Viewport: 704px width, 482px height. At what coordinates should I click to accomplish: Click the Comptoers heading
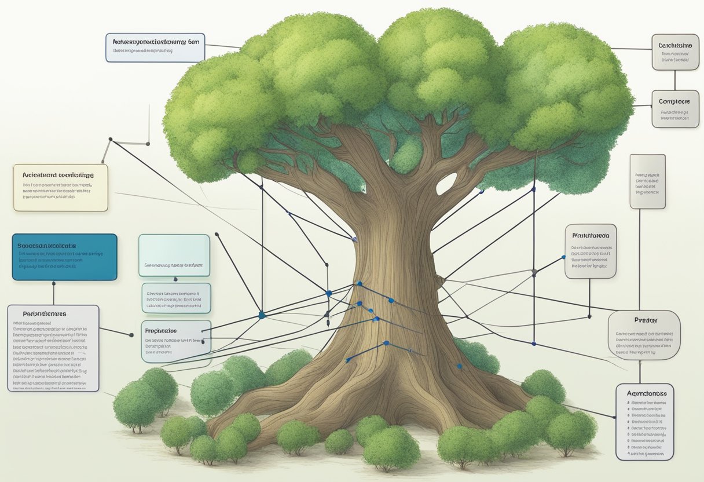[x=674, y=102]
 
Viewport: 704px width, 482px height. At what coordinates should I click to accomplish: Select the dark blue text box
[x=64, y=257]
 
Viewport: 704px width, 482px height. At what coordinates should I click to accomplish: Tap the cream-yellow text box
[x=60, y=187]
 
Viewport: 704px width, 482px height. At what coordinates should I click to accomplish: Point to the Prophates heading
[x=161, y=331]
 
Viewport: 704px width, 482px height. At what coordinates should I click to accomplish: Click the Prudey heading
[x=643, y=319]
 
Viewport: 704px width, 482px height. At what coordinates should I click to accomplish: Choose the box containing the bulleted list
[x=644, y=421]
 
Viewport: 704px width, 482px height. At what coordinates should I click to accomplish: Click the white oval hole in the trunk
[x=446, y=184]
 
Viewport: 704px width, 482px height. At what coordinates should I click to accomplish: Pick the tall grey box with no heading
[x=647, y=181]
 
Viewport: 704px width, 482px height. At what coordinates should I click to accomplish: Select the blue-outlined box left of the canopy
[x=155, y=48]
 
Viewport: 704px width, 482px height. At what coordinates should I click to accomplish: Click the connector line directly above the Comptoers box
[x=675, y=79]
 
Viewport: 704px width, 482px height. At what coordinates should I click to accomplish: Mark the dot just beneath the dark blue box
[x=53, y=284]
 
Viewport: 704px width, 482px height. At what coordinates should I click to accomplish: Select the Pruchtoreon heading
[x=591, y=236]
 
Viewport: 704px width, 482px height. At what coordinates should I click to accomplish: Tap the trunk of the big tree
[x=394, y=290]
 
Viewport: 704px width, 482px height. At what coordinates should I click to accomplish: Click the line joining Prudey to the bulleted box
[x=641, y=371]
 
